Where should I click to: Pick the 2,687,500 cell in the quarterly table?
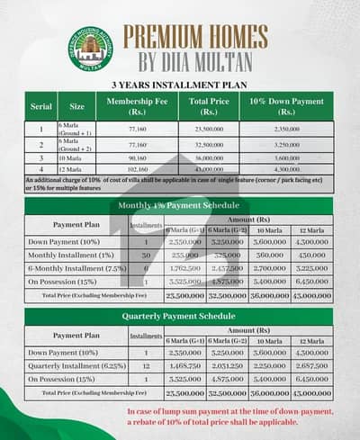coord(309,367)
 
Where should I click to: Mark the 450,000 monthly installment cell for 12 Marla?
coord(309,255)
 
